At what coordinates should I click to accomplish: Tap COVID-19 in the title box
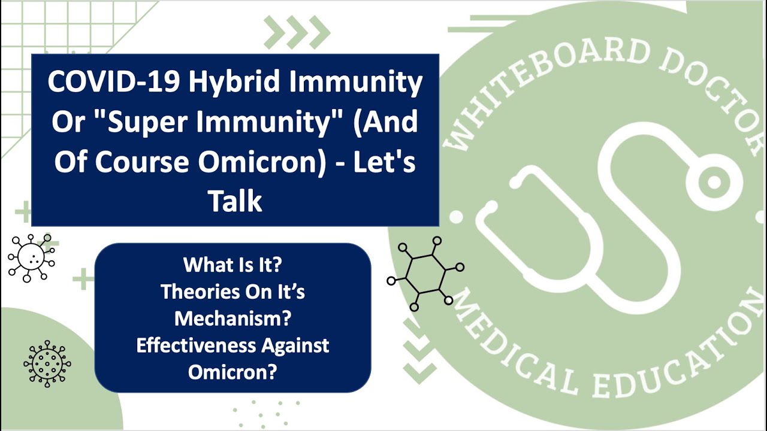(x=114, y=82)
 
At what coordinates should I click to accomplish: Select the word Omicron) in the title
(x=262, y=162)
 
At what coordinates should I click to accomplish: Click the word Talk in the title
(x=235, y=202)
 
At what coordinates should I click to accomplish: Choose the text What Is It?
(x=232, y=265)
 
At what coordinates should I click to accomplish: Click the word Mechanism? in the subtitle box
(x=233, y=318)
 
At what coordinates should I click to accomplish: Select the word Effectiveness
(x=196, y=345)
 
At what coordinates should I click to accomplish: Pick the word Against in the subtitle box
(x=295, y=345)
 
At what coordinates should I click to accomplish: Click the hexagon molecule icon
(x=425, y=274)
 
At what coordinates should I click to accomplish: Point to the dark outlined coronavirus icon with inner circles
(x=47, y=363)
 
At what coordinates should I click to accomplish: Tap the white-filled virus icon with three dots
(x=32, y=258)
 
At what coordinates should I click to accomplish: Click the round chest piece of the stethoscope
(x=715, y=182)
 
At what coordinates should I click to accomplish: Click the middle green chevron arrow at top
(x=297, y=32)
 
